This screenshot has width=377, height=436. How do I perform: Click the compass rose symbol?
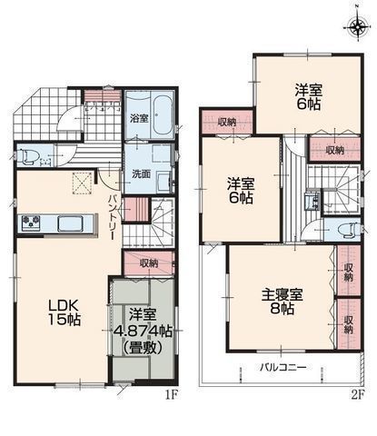click(354, 24)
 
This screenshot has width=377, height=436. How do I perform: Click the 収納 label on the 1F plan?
click(150, 263)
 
